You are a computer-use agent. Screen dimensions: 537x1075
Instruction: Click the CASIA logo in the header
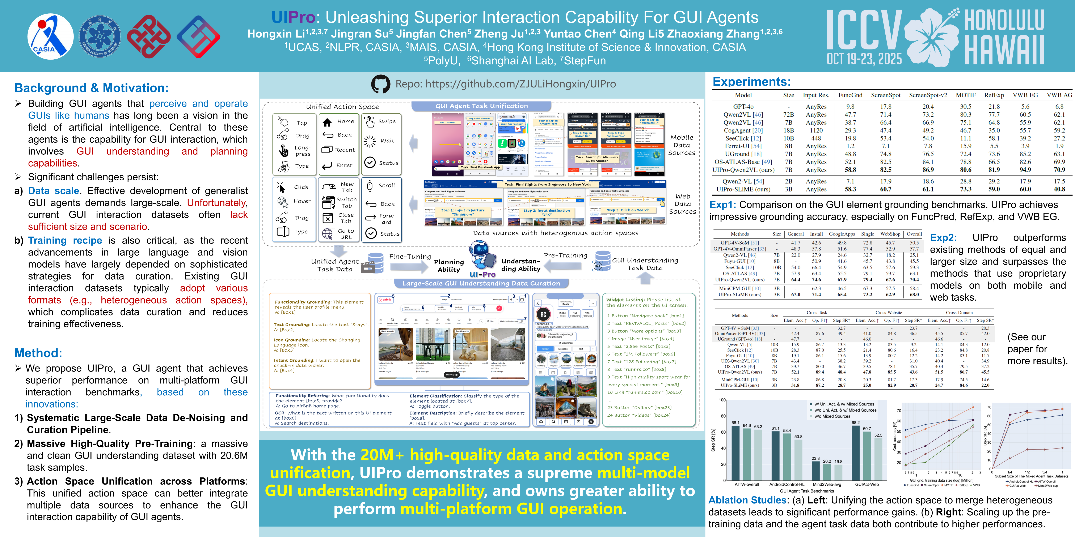tap(50, 37)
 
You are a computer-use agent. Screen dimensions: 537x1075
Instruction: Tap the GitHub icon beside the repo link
tap(380, 84)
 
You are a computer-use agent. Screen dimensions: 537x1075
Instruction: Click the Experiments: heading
tap(751, 82)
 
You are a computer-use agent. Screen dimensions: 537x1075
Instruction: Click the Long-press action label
tap(303, 151)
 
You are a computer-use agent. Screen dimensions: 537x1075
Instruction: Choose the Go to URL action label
tap(346, 234)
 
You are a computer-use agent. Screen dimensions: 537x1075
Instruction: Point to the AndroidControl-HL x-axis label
tap(787, 485)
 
